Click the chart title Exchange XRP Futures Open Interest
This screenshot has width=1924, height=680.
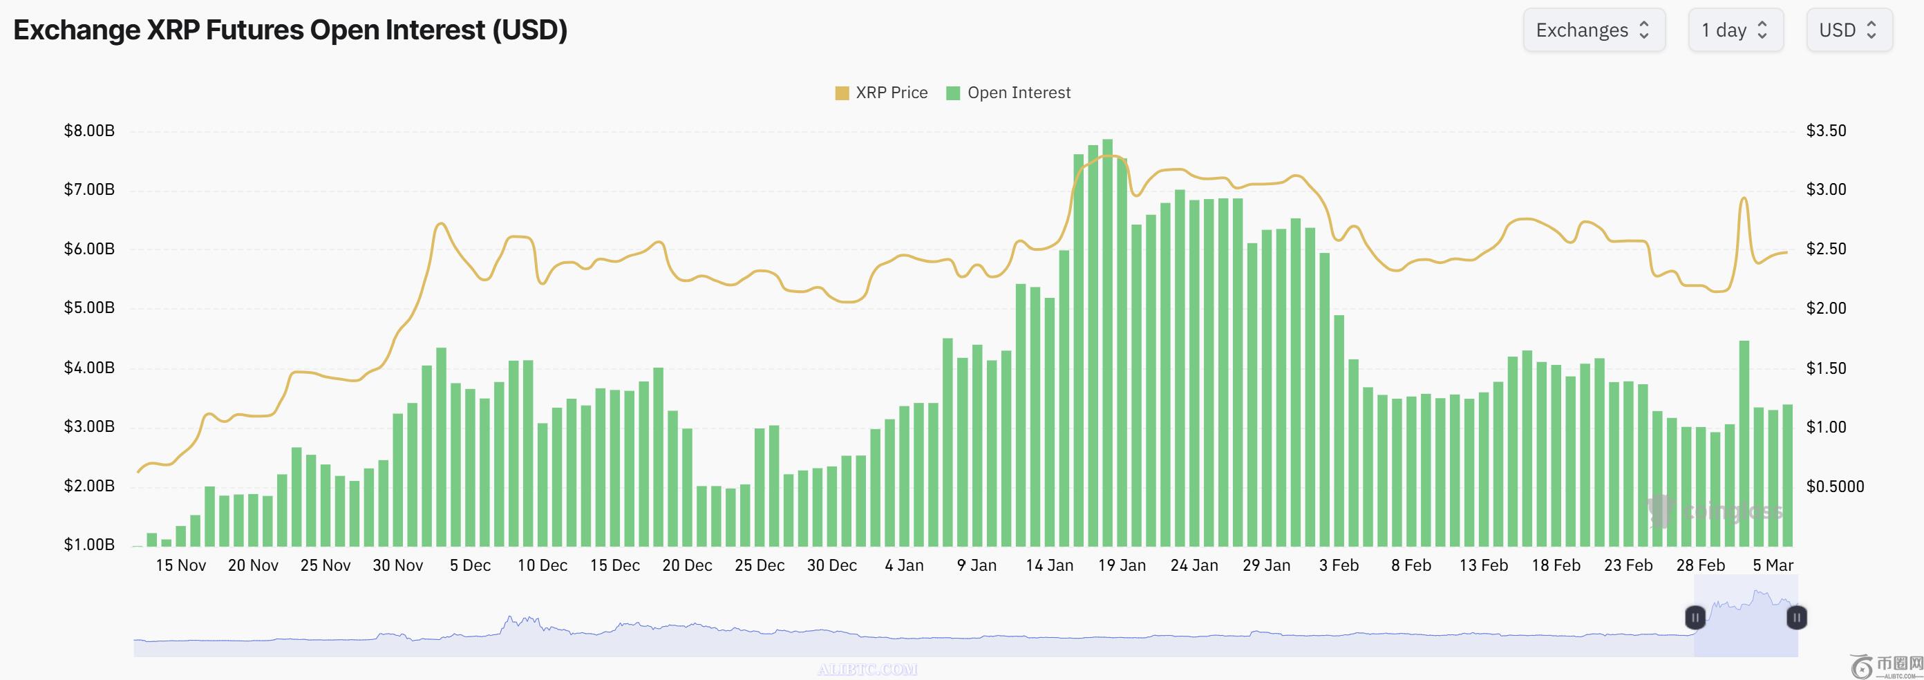click(290, 30)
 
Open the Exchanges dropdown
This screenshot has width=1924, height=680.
click(1593, 30)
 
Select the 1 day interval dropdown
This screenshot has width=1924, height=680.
click(1735, 30)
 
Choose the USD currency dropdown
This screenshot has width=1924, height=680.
click(1849, 30)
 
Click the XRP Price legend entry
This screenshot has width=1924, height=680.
click(881, 93)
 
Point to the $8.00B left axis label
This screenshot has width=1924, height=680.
click(89, 131)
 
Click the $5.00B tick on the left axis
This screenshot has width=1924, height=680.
click(89, 308)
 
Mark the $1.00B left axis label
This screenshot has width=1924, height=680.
click(89, 545)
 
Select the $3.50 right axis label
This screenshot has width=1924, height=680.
click(1825, 131)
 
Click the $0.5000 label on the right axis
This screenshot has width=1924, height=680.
click(1834, 487)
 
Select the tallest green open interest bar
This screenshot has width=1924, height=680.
click(1108, 343)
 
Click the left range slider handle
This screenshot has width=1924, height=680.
click(1695, 618)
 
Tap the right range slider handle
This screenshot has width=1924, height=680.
click(1796, 618)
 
